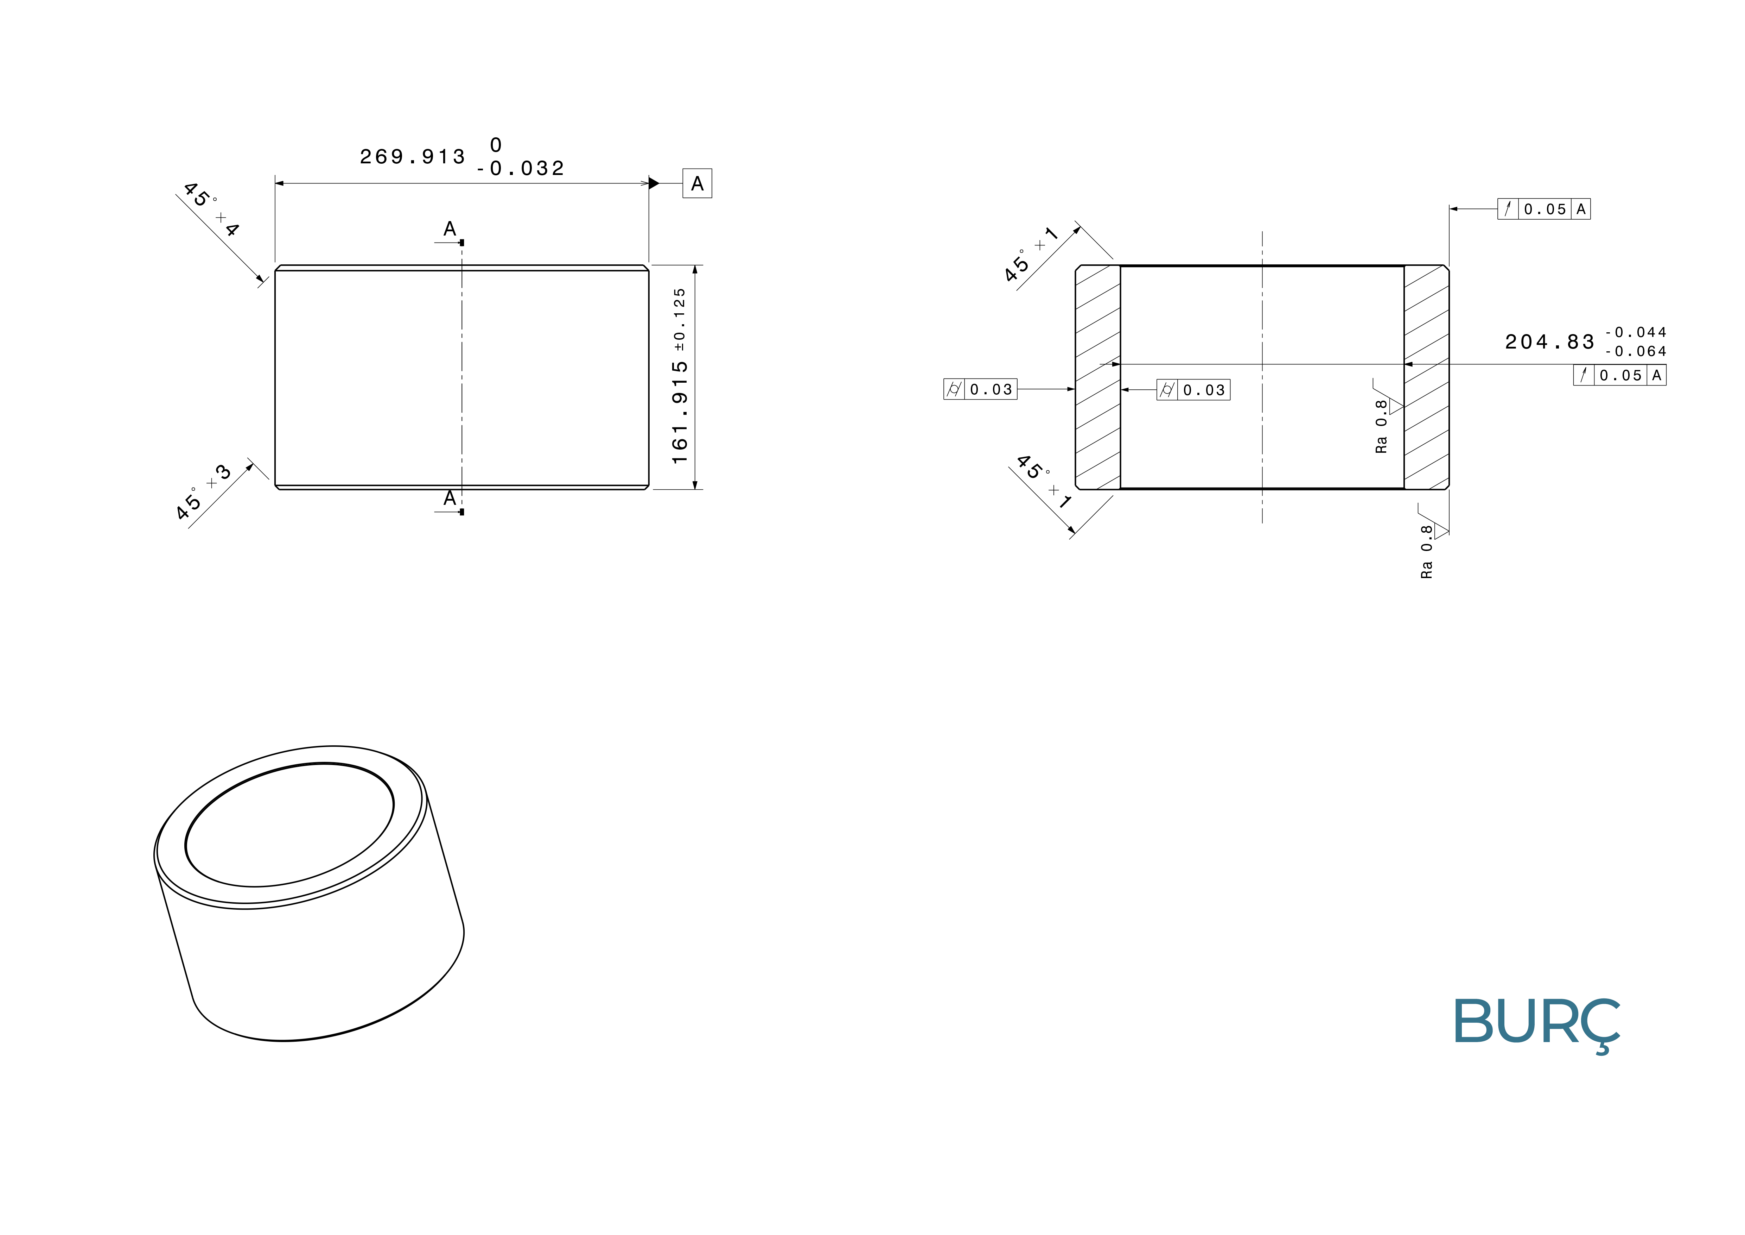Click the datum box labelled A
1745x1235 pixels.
point(697,183)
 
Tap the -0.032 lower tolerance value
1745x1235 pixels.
point(521,168)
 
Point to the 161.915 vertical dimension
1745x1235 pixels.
point(680,412)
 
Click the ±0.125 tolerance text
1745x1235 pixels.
point(680,319)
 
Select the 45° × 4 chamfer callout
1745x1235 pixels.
point(211,209)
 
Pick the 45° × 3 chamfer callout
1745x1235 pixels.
point(203,492)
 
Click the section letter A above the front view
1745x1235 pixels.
point(450,229)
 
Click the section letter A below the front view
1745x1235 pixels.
point(450,498)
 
